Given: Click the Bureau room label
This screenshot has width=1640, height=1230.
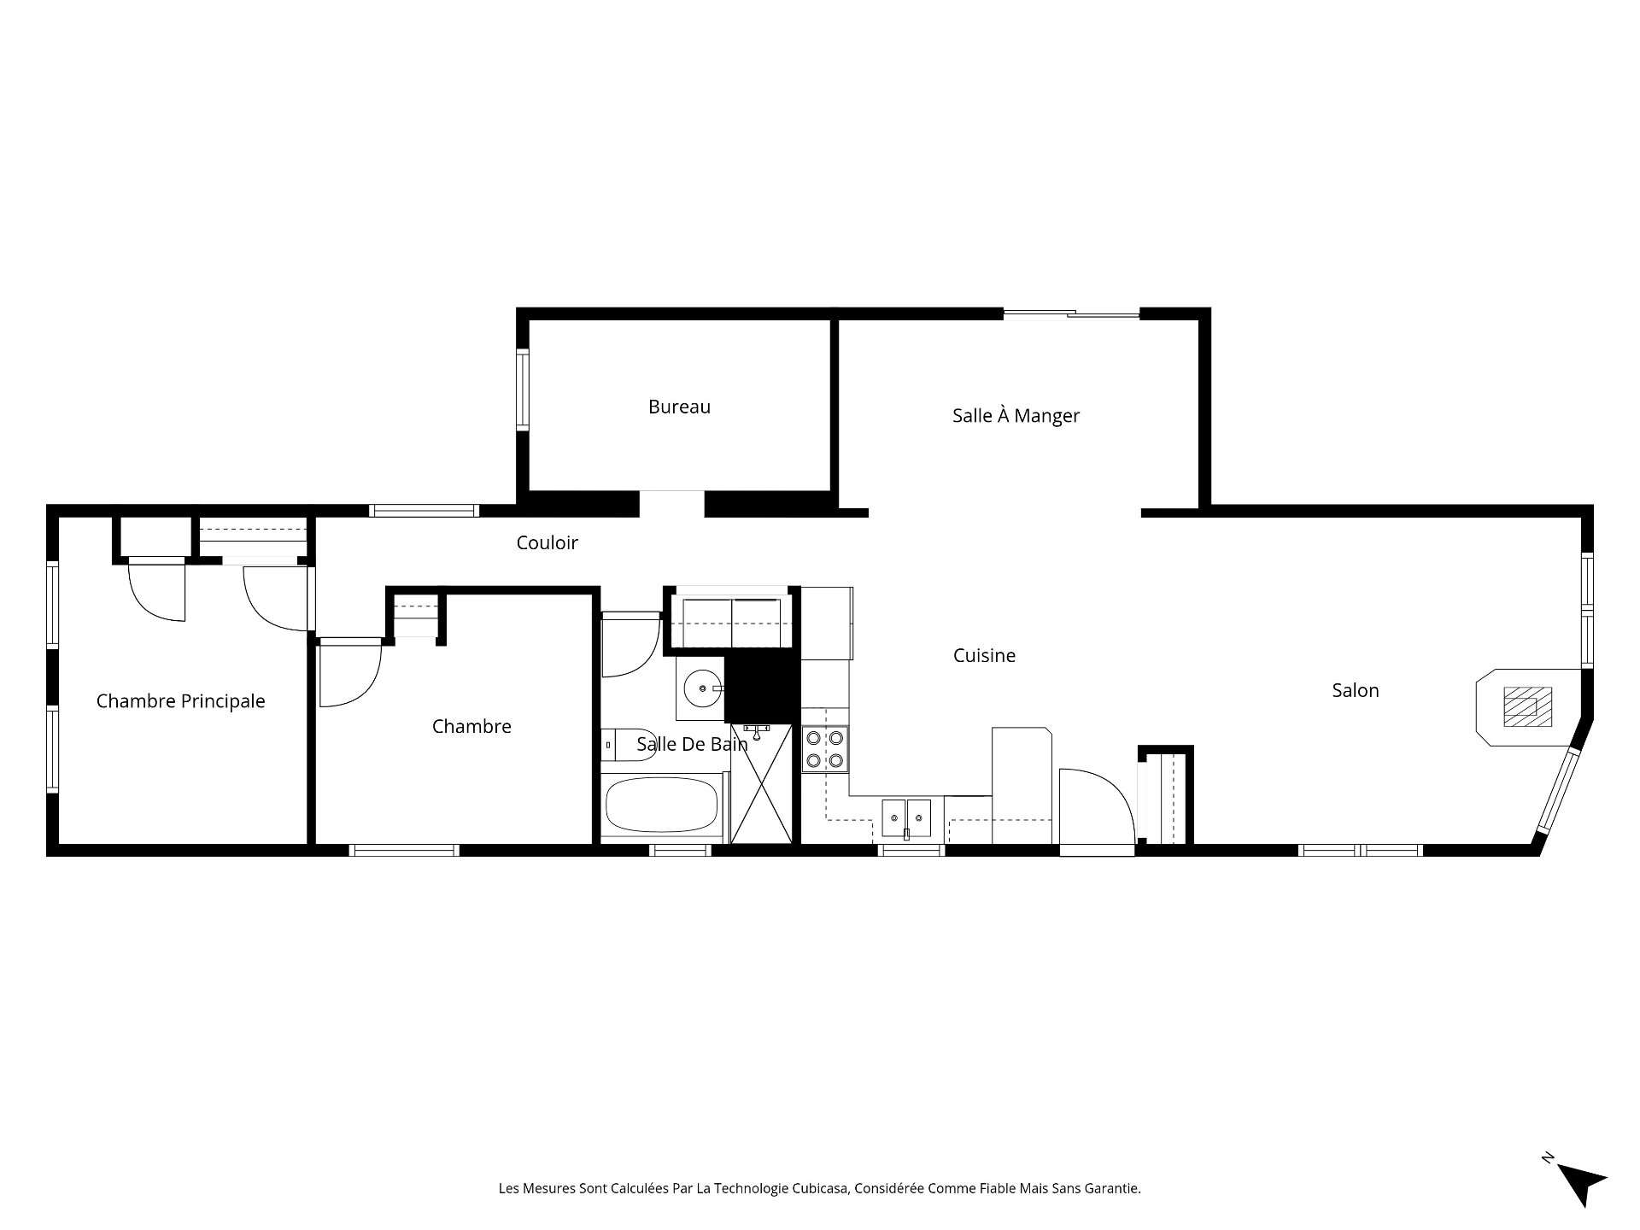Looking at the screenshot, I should (679, 407).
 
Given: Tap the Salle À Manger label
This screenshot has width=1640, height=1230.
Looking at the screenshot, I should (1016, 416).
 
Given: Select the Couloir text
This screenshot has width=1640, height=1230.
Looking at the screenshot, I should (547, 542).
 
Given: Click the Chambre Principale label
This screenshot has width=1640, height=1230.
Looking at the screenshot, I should (180, 701).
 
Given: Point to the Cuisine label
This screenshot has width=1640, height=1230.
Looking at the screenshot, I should (984, 656).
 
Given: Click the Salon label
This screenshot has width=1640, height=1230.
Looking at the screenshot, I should (1355, 690).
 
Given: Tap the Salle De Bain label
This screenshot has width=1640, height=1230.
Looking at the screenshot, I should (692, 744).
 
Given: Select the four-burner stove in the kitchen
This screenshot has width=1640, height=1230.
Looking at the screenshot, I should (825, 749).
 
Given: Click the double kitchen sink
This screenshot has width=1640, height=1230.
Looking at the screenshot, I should (905, 817).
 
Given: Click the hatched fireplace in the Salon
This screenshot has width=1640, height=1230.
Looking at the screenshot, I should (1526, 706).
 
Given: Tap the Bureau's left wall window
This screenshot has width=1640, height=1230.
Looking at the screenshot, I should (522, 389).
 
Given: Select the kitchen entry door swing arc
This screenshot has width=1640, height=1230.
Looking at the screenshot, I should (1098, 799).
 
